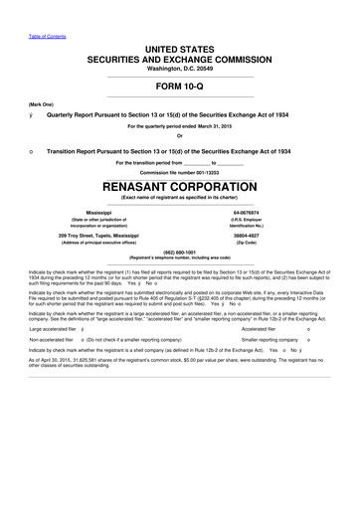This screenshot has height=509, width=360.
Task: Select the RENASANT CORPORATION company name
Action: pyautogui.click(x=180, y=187)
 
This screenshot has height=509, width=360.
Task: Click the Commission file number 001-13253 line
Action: pyautogui.click(x=180, y=173)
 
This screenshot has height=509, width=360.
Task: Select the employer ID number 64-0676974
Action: pyautogui.click(x=270, y=213)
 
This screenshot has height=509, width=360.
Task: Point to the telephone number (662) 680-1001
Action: pyautogui.click(x=180, y=252)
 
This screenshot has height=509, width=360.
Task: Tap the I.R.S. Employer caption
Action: pyautogui.click(x=270, y=220)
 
